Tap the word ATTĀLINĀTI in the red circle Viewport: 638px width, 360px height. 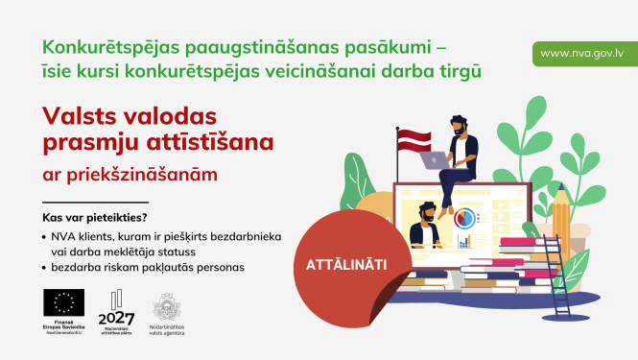pos(343,262)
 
